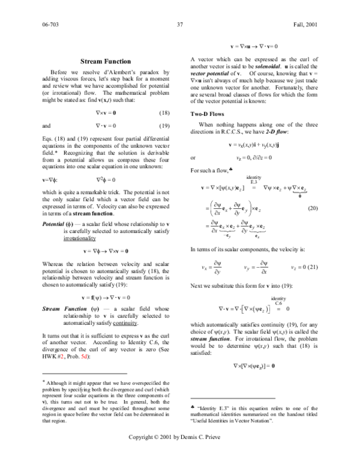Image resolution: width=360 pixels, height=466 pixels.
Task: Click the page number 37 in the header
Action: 179,25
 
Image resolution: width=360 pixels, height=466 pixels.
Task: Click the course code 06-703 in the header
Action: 50,25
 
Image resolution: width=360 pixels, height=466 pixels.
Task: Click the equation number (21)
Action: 312,267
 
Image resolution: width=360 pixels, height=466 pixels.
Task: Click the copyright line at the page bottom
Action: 179,453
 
